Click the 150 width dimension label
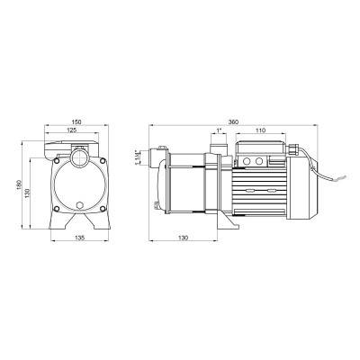point(76,122)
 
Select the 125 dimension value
point(72,130)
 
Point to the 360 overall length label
point(233,122)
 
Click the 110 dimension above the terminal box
point(261,130)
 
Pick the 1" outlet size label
point(219,130)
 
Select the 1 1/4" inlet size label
point(138,157)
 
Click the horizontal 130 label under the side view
point(183,238)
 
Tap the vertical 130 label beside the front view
point(27,193)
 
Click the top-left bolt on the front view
point(56,161)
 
